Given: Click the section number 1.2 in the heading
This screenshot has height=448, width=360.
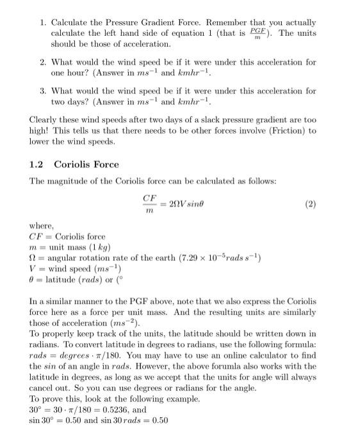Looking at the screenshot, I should tap(37, 164).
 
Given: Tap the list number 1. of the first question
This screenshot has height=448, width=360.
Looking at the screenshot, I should tap(43, 22).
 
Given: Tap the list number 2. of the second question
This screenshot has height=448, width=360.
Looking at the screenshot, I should tap(43, 62).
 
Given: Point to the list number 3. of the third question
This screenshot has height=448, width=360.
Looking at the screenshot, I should tap(43, 91).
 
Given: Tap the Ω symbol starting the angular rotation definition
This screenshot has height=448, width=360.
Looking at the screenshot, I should tap(33, 258).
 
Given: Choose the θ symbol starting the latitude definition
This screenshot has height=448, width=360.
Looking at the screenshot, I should tap(33, 280).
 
